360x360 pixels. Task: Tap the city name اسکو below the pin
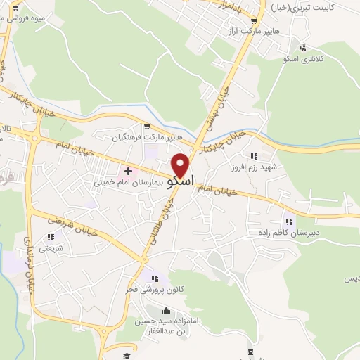click(x=181, y=180)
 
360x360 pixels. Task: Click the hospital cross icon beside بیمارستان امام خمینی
click(x=129, y=171)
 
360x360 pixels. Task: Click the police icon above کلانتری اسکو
click(x=302, y=48)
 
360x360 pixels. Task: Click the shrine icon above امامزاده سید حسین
click(x=167, y=311)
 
